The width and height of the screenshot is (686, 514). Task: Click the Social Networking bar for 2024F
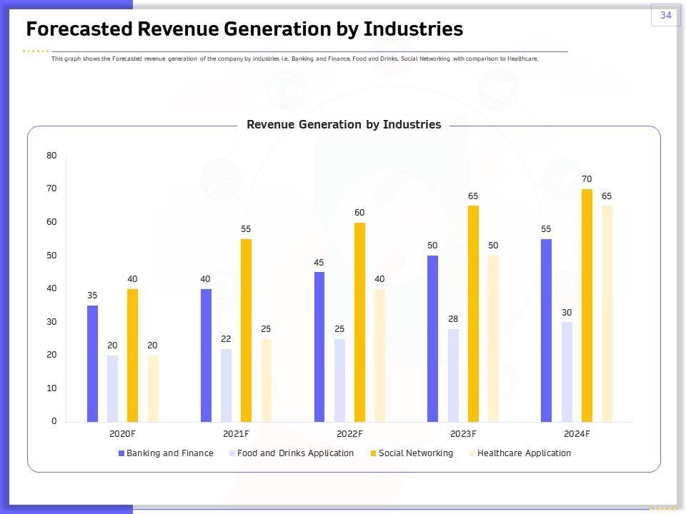[587, 306]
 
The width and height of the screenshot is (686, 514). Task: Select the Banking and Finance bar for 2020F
[92, 363]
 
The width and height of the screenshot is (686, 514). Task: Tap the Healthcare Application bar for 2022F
[379, 355]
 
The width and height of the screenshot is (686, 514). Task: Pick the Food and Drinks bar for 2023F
[453, 375]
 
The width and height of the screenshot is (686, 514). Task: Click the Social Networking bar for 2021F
[246, 331]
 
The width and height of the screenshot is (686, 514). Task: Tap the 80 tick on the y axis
[52, 156]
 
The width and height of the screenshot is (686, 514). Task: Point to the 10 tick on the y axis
[52, 388]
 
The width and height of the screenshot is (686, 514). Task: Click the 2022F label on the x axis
[349, 434]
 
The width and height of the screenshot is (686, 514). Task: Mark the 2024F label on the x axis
[577, 434]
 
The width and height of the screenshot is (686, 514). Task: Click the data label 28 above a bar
[453, 319]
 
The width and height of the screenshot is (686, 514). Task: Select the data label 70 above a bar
[587, 179]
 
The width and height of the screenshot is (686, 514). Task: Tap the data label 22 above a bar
[226, 339]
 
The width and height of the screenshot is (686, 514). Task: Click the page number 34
[665, 15]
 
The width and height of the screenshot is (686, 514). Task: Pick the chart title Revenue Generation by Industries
[344, 125]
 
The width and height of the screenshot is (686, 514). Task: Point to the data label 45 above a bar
[319, 263]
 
